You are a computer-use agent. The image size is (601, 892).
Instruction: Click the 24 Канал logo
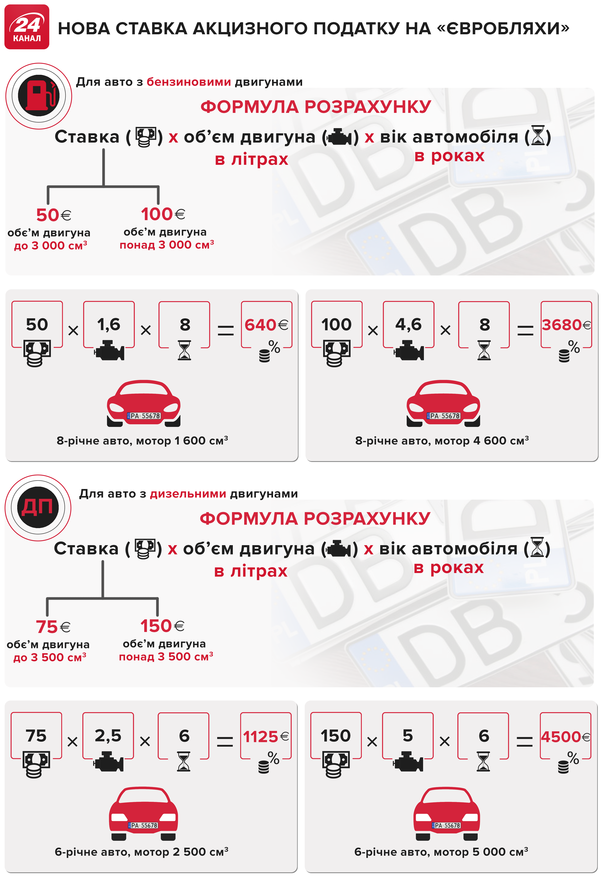(x=27, y=27)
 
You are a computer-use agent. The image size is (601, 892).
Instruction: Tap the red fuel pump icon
(x=39, y=96)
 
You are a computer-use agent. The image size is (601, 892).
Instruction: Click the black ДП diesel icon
(x=38, y=507)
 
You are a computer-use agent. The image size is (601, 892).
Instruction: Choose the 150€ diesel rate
(x=162, y=626)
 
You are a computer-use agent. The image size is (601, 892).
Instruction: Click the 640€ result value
(x=266, y=325)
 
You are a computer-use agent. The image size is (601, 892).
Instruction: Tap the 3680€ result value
(x=566, y=325)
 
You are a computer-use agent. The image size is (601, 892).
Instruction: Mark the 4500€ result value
(x=565, y=736)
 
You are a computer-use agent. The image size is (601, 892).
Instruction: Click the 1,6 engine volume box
(x=109, y=324)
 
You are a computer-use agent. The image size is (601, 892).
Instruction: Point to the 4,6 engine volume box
(x=409, y=324)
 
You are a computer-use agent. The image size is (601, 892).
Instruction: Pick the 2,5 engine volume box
(x=108, y=736)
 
